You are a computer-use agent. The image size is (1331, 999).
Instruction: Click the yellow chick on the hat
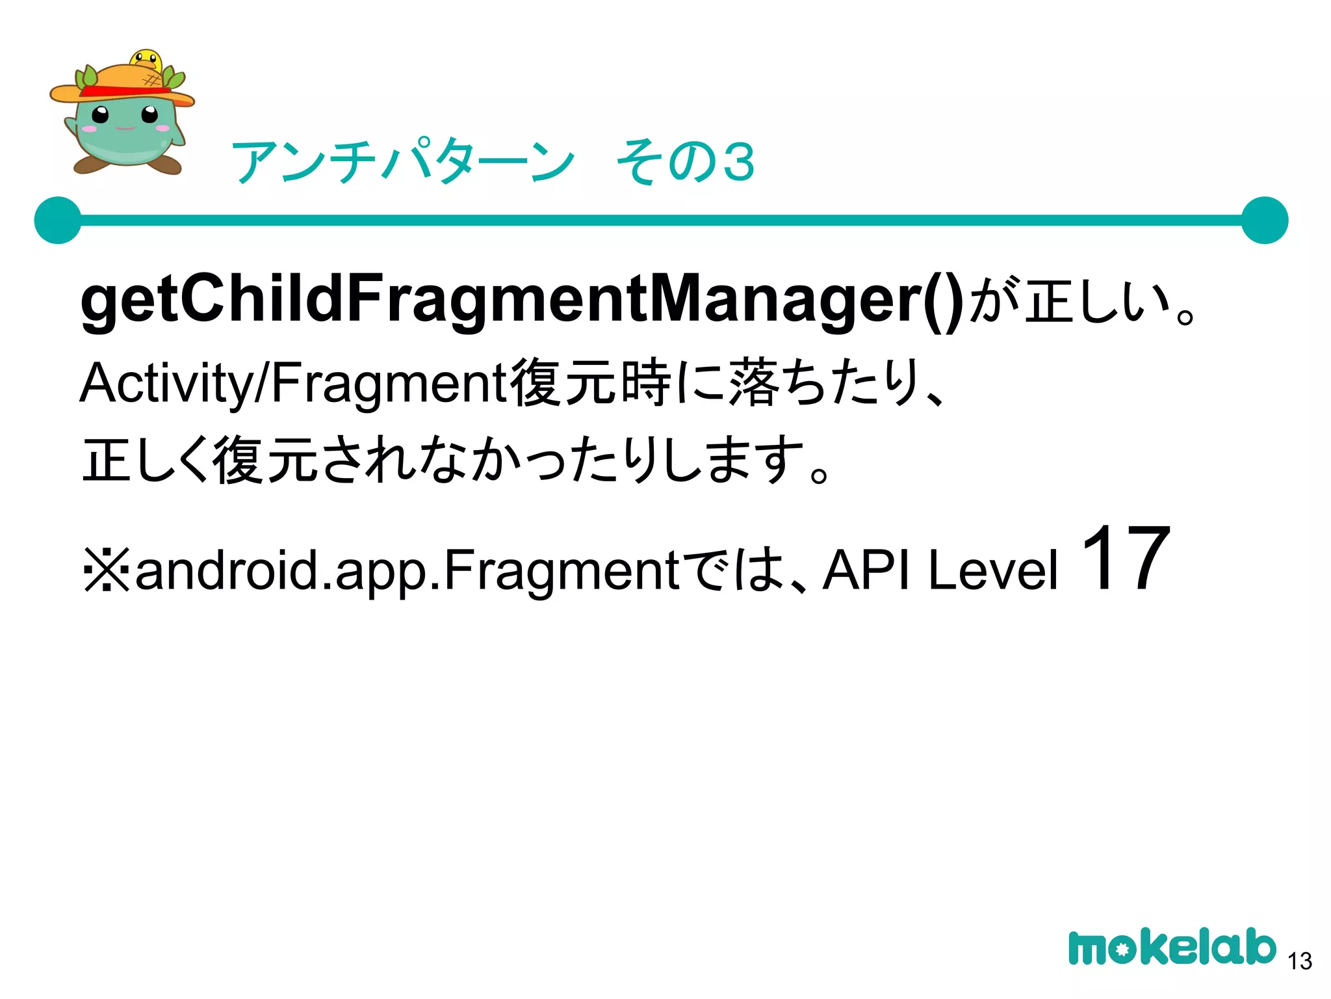(x=146, y=60)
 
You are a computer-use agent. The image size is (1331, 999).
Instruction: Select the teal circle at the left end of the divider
(x=58, y=220)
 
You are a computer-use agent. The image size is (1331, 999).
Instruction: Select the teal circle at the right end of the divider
(x=1264, y=220)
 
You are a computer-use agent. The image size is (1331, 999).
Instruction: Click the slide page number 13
(x=1299, y=961)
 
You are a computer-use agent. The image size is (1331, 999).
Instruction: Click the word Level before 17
(x=993, y=570)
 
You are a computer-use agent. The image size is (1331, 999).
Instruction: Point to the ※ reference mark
(x=107, y=570)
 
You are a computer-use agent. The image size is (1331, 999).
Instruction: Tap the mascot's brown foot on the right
(x=170, y=164)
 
